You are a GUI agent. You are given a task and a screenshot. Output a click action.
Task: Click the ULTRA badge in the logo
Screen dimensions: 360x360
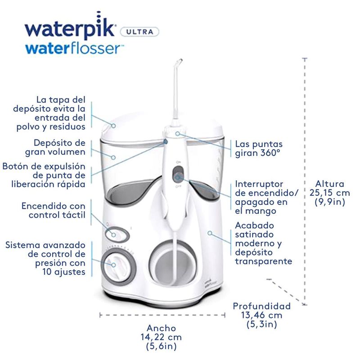point(142,31)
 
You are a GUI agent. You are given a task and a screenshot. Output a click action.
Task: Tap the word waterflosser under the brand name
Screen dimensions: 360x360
point(74,48)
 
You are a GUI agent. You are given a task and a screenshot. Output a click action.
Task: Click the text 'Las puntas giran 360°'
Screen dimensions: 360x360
point(259,148)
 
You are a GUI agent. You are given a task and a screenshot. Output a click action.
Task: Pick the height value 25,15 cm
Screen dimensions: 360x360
point(329,193)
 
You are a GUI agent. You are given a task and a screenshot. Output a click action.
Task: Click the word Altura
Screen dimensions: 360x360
point(329,184)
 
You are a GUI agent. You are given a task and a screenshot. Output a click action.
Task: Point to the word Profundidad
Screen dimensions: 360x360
point(261,306)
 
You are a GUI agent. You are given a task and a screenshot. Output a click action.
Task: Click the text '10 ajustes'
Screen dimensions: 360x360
point(63,272)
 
